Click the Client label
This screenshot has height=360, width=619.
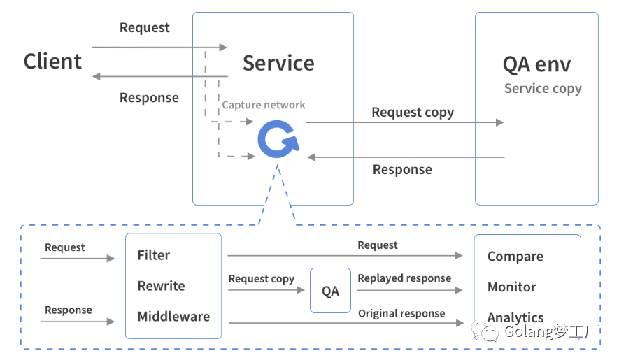click(52, 62)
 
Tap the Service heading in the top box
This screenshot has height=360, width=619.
click(278, 63)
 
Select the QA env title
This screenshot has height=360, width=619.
click(536, 64)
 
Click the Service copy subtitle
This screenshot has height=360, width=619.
click(543, 89)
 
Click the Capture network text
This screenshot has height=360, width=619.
click(264, 105)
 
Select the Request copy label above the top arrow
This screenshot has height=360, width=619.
click(413, 112)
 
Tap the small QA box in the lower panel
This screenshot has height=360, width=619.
click(330, 291)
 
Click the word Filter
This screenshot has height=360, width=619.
click(154, 255)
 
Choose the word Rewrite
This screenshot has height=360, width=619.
click(162, 286)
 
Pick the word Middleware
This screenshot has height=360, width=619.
click(173, 317)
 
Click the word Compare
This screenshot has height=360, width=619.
click(515, 257)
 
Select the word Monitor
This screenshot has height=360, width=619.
click(512, 287)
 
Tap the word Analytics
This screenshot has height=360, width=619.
click(515, 317)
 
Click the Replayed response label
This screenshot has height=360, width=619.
click(404, 278)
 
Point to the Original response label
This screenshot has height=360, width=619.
click(401, 314)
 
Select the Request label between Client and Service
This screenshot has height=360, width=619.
click(145, 28)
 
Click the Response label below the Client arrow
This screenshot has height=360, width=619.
click(149, 98)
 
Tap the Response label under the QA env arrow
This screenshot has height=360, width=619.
click(402, 170)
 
